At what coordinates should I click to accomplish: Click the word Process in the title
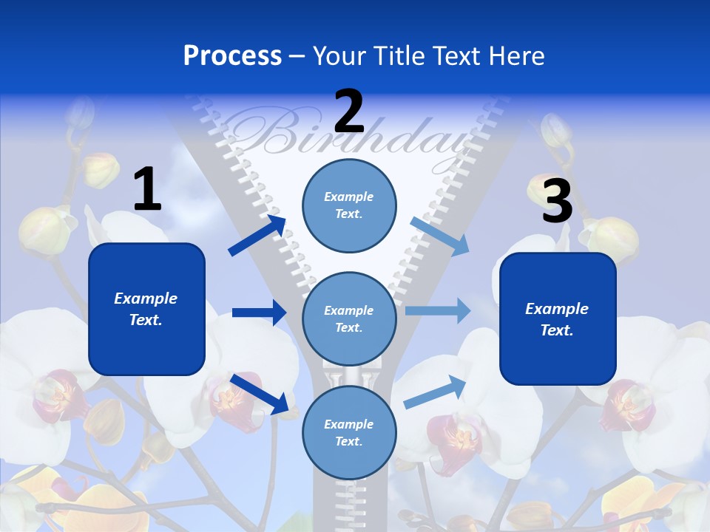[x=232, y=55]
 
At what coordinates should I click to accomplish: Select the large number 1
[x=148, y=188]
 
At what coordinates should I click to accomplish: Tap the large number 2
[x=349, y=110]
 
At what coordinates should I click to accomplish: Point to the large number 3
[x=558, y=199]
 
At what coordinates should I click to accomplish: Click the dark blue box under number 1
[x=146, y=309]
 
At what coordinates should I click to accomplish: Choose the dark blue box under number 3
[x=558, y=319]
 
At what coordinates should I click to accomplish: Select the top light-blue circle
[x=349, y=205]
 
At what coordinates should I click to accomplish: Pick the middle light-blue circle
[x=349, y=319]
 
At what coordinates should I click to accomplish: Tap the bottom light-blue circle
[x=349, y=432]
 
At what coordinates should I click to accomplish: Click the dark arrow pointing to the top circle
[x=257, y=235]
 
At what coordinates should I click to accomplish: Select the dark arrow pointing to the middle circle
[x=260, y=312]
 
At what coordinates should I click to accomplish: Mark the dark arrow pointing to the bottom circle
[x=260, y=394]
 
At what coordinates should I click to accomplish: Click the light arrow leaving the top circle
[x=439, y=236]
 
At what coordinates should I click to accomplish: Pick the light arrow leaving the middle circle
[x=438, y=310]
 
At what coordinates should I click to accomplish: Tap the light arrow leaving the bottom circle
[x=435, y=392]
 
